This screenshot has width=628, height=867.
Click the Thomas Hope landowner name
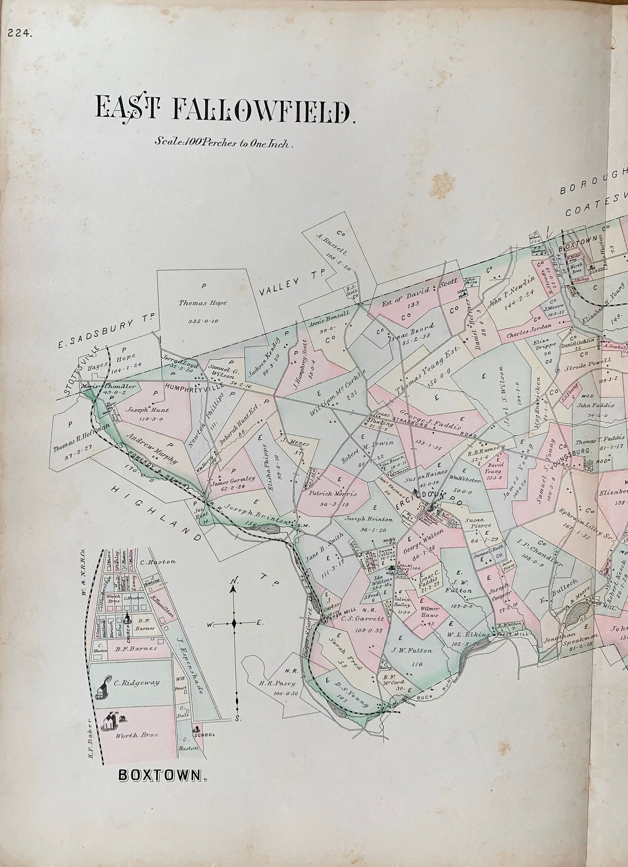tap(202, 303)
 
